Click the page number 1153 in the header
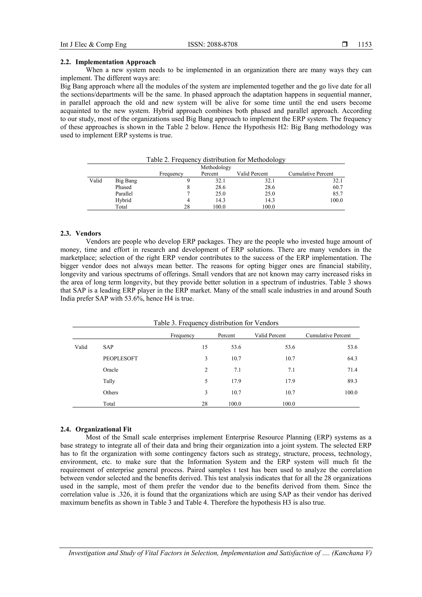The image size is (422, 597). coord(365,45)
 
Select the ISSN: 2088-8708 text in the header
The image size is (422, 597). coord(212,45)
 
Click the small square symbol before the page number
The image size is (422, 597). coord(345,45)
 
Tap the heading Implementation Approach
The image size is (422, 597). coord(115,62)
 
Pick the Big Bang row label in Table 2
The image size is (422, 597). coord(126,181)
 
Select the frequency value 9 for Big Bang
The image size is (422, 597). coord(188,181)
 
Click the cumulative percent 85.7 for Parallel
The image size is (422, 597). coord(338,194)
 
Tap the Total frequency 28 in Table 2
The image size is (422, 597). coord(187,207)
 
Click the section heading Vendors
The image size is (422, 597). coord(88,233)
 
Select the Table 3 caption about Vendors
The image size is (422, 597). coord(216,323)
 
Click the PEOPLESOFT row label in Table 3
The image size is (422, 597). coord(120,359)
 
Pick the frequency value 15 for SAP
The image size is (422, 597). coord(205,347)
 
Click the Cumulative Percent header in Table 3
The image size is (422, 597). coord(328,335)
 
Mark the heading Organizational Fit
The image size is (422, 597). coord(103,429)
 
